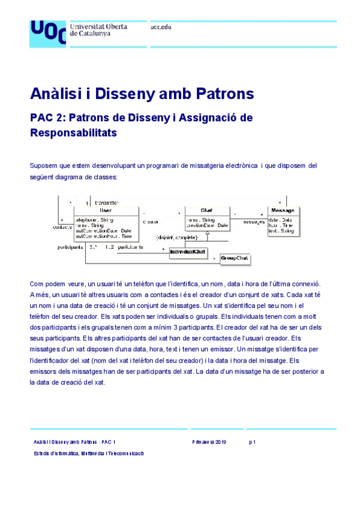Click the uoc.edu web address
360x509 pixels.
pyautogui.click(x=161, y=28)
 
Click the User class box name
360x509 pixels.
pyautogui.click(x=105, y=211)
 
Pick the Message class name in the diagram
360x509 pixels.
pyautogui.click(x=283, y=211)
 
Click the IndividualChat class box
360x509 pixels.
pyautogui.click(x=188, y=252)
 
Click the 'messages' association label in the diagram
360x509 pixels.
pyautogui.click(x=254, y=221)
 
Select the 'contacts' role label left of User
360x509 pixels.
pyautogui.click(x=62, y=227)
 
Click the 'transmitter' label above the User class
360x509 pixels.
pyautogui.click(x=106, y=203)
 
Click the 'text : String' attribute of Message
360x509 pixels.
pyautogui.click(x=281, y=230)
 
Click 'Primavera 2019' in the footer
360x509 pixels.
pyautogui.click(x=209, y=441)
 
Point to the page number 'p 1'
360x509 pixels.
pyautogui.click(x=253, y=441)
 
